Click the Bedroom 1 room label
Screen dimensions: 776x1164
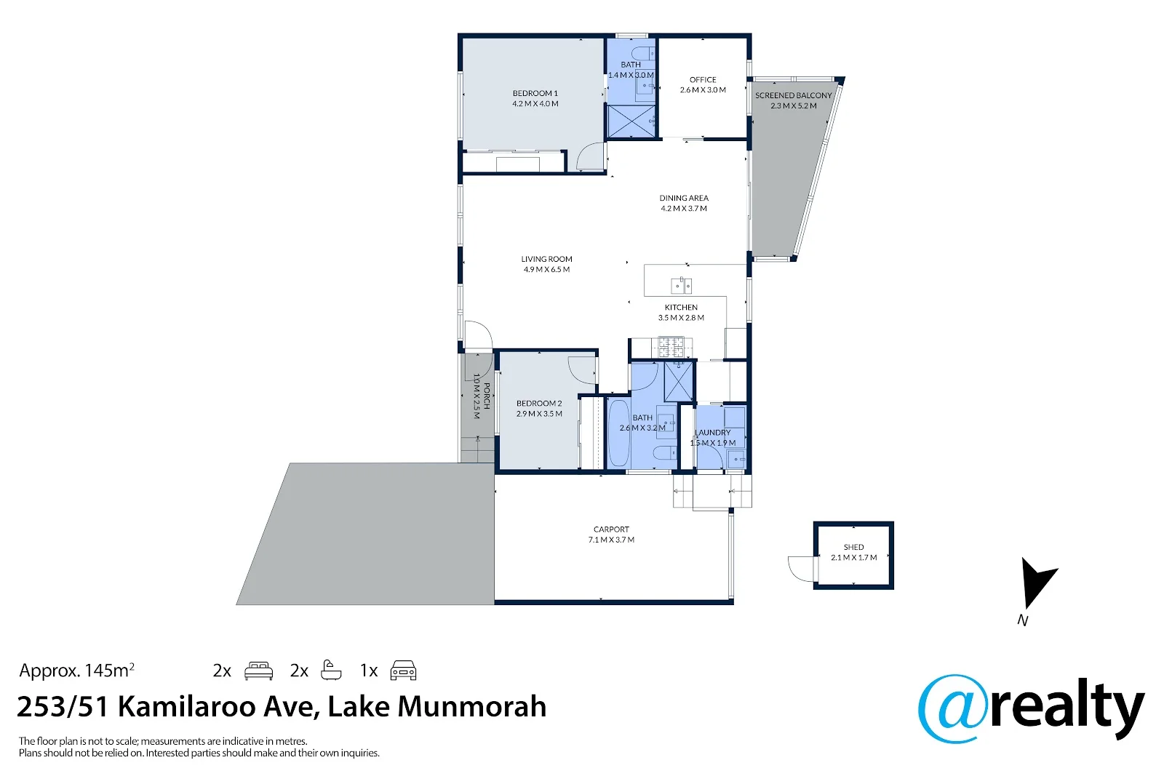[535, 94]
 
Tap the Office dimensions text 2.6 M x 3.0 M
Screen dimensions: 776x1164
[703, 90]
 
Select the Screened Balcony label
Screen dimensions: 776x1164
[793, 95]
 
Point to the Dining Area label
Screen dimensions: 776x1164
[684, 198]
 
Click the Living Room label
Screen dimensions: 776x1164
[546, 259]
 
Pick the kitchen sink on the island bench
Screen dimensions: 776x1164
[682, 284]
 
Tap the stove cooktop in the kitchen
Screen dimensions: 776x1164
[671, 346]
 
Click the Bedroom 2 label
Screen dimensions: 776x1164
[539, 404]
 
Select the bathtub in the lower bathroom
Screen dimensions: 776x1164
[618, 433]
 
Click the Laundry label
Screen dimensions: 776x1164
[713, 433]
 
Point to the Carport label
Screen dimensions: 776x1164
[611, 529]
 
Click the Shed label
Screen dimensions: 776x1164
[853, 547]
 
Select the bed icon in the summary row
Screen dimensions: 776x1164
[258, 671]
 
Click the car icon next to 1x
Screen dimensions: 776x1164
[403, 671]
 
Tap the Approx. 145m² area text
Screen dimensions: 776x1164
[76, 671]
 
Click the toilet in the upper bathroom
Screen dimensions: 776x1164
[642, 54]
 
